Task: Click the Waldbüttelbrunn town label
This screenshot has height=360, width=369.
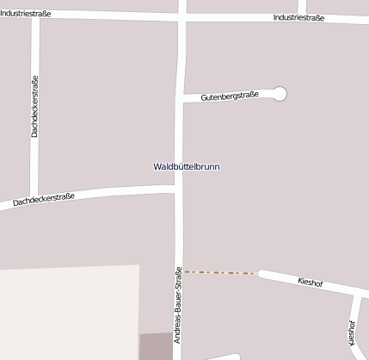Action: (x=187, y=166)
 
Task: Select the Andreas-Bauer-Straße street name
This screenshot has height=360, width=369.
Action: (x=178, y=305)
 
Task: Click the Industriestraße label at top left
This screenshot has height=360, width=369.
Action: (x=26, y=14)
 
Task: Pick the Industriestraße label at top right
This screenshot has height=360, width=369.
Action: (x=298, y=18)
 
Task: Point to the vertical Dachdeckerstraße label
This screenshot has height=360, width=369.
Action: (x=34, y=106)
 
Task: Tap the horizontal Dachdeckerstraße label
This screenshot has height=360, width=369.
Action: (x=44, y=201)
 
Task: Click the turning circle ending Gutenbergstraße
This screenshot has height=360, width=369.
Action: (x=279, y=94)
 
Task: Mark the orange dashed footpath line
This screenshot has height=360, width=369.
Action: (x=219, y=273)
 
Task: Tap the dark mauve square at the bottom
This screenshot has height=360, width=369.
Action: (x=156, y=346)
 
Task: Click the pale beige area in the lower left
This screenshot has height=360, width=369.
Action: (x=69, y=312)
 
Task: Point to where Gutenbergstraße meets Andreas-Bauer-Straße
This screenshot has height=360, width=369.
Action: (x=180, y=99)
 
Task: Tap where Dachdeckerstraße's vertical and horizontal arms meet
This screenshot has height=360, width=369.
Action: (x=34, y=196)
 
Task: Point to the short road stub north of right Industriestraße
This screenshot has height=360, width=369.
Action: (x=302, y=7)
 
